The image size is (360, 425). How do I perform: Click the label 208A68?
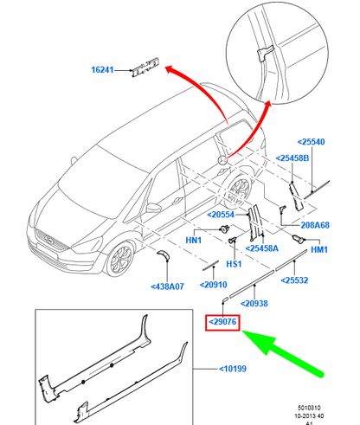coord(312,225)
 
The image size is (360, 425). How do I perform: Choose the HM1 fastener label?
coord(318,250)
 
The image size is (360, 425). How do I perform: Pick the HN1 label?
coord(194,240)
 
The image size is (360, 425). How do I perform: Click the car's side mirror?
coord(153,209)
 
